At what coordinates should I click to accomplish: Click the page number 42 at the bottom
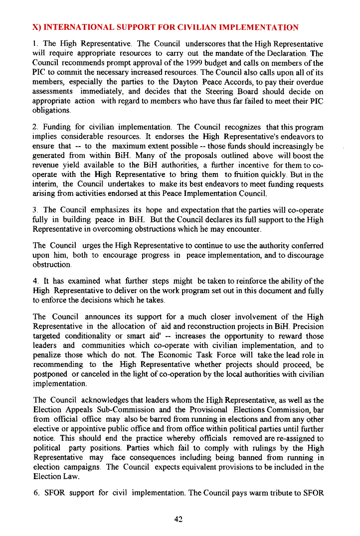pyautogui.click(x=179, y=519)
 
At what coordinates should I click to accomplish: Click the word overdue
pyautogui.click(x=307, y=82)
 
